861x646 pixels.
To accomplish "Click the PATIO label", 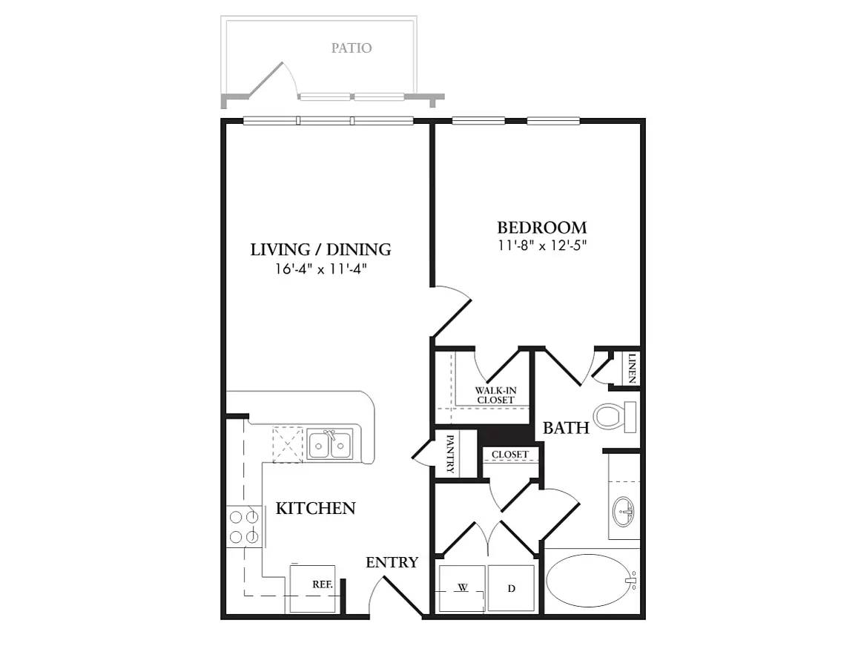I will pyautogui.click(x=352, y=48).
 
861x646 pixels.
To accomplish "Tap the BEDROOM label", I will pyautogui.click(x=541, y=228).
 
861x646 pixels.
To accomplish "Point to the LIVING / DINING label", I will pyautogui.click(x=320, y=250).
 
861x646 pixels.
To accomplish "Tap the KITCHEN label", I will pyautogui.click(x=315, y=509).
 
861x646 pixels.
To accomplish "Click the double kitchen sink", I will pyautogui.click(x=331, y=444).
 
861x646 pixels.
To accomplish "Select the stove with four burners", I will pyautogui.click(x=243, y=526).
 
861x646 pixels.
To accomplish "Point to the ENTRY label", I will pyautogui.click(x=392, y=563).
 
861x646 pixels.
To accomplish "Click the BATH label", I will pyautogui.click(x=566, y=428).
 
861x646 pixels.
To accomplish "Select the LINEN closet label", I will pyautogui.click(x=632, y=368).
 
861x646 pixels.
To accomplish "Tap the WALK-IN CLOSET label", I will pyautogui.click(x=495, y=395).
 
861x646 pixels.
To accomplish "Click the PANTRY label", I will pyautogui.click(x=449, y=454).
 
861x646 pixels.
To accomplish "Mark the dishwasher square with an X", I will pyautogui.click(x=287, y=444).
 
